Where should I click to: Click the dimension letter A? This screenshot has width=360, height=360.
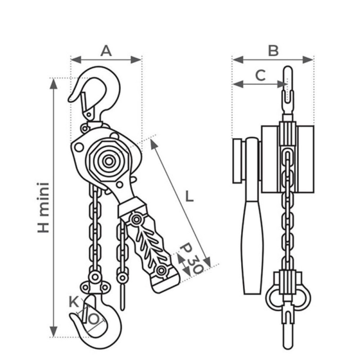point(106,51)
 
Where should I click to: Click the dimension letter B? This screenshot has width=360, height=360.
point(274,51)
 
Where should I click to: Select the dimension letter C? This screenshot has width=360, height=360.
point(261,75)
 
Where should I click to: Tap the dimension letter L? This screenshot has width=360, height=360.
point(189,196)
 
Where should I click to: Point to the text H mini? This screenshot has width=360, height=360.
point(43,207)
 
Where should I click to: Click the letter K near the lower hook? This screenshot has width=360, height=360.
point(74,302)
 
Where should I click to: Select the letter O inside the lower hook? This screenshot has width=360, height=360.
point(94,319)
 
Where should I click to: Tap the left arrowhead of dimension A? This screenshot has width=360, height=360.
point(76,60)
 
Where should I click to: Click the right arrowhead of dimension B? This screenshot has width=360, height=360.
point(308,60)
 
